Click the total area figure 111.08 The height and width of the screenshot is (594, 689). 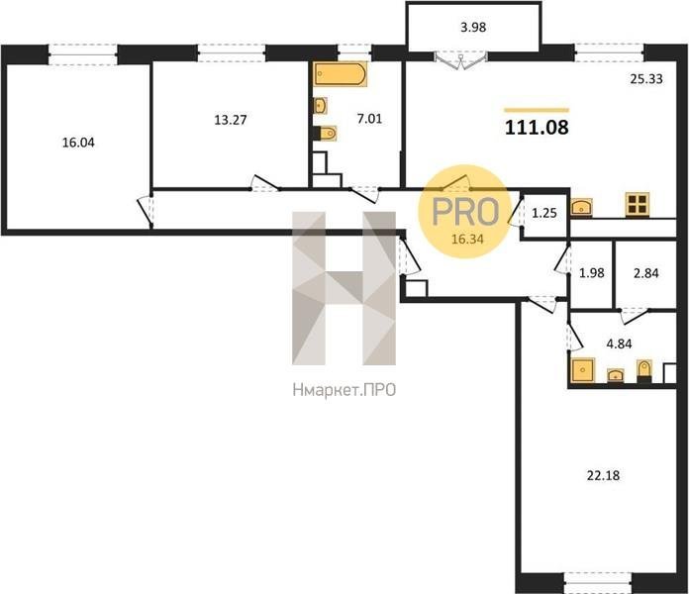[537, 128]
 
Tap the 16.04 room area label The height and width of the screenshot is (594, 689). [78, 143]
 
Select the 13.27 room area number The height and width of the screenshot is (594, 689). [231, 120]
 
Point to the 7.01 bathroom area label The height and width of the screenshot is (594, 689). [369, 119]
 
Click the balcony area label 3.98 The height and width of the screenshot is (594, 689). [473, 28]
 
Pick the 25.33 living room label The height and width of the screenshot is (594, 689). [646, 79]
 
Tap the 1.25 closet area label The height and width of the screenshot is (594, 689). [544, 213]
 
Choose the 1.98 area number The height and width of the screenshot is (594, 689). [591, 273]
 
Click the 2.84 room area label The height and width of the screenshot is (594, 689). [645, 273]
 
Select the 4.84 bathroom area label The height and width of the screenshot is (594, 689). [619, 344]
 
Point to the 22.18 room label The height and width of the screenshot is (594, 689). [603, 475]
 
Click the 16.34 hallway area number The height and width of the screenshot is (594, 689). [467, 239]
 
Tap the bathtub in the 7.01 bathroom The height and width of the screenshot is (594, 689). [341, 74]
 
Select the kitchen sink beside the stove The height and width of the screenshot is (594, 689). [582, 207]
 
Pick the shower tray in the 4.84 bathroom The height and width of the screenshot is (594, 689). [583, 370]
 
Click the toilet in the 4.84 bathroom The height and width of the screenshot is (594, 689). [644, 370]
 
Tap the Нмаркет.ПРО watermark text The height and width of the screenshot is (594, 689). [344, 390]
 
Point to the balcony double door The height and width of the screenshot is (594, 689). [461, 60]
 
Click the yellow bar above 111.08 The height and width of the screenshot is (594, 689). [537, 110]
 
